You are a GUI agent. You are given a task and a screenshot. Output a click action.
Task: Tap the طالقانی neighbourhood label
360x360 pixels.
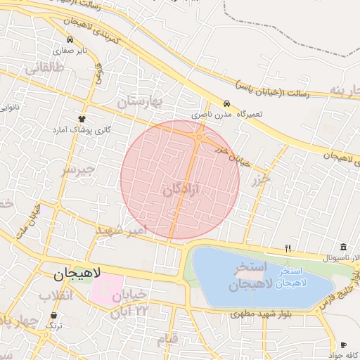coord(44,68)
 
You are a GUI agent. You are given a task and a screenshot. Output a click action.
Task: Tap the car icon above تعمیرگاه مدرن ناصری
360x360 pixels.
coord(226,103)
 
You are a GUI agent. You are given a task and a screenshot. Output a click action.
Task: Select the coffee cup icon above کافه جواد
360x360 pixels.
coord(343,345)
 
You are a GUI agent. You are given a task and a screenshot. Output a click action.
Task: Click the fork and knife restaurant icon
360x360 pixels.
coord(288,248)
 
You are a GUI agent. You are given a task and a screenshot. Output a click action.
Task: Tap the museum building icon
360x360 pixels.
coord(343,247)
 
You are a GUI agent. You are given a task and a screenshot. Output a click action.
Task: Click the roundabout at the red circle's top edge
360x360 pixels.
coord(200,138)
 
